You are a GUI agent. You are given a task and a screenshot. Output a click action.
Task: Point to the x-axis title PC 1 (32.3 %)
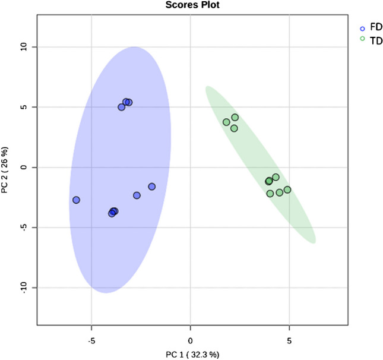pos(191,355)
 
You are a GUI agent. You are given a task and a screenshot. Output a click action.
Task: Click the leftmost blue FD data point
pos(76,200)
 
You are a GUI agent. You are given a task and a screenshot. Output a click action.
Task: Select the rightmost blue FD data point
pos(152,187)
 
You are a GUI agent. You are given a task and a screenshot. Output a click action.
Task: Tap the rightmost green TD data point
pos(287,190)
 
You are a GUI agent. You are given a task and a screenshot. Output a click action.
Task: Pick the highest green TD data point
pos(235,118)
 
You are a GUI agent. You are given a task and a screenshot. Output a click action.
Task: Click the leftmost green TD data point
pos(226,122)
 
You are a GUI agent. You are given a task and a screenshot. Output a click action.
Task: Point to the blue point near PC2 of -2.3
pos(137,195)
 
